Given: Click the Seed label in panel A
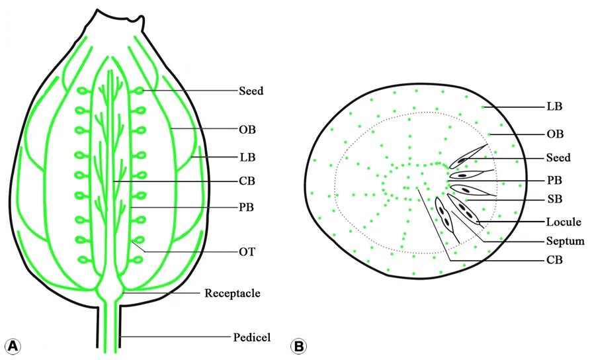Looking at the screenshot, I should click(x=251, y=91).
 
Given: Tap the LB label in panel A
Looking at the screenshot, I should click(x=247, y=157).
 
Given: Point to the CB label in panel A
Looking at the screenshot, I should click(x=247, y=180).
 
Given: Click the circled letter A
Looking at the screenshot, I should click(x=13, y=345).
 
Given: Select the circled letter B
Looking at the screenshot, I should click(x=299, y=345).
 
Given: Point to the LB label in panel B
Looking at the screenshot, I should click(x=554, y=106).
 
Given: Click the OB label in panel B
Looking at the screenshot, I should click(x=554, y=134).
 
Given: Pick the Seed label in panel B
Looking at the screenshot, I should click(x=558, y=158).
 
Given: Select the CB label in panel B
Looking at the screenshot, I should click(x=554, y=260).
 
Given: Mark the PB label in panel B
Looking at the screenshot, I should click(x=554, y=179).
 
